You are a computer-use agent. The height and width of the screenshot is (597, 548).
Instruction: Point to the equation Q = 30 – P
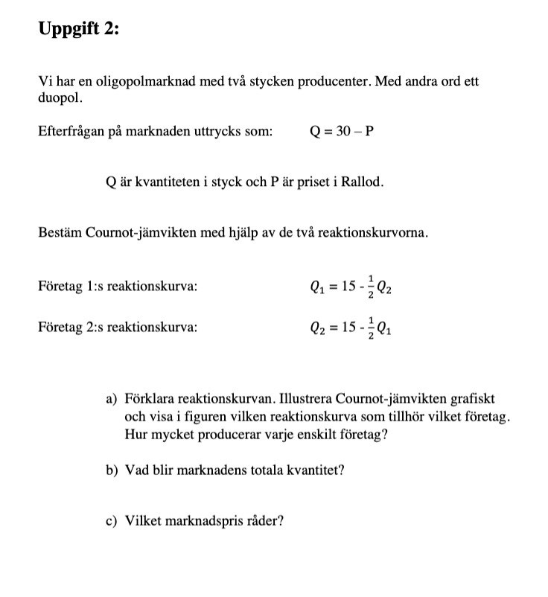tap(341, 132)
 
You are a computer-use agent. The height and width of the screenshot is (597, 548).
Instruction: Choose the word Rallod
tap(364, 182)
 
